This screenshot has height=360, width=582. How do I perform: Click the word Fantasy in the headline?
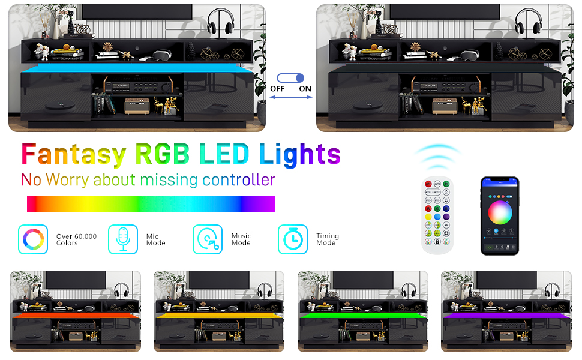[73, 155]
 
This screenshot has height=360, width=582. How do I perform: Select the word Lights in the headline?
[299, 155]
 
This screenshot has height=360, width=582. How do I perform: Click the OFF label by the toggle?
[277, 89]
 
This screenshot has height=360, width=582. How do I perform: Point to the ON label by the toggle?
[305, 89]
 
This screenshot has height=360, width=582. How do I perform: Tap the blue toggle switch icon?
[292, 78]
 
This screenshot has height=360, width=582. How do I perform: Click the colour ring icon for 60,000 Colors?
[33, 239]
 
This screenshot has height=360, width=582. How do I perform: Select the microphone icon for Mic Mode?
[123, 239]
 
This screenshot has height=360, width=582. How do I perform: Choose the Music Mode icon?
[208, 239]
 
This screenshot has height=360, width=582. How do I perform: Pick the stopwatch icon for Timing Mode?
[293, 239]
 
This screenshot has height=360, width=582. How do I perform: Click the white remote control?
[436, 214]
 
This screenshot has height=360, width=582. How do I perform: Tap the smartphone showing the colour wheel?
[499, 215]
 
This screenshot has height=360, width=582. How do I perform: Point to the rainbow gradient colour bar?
[151, 203]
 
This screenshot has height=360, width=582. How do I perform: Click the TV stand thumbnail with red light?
[76, 311]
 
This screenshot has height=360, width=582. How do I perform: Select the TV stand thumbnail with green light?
[363, 311]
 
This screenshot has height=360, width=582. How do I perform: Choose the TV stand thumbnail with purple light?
[506, 311]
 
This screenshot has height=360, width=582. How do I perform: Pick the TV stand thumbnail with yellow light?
[219, 311]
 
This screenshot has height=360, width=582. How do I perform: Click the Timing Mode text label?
[328, 239]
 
